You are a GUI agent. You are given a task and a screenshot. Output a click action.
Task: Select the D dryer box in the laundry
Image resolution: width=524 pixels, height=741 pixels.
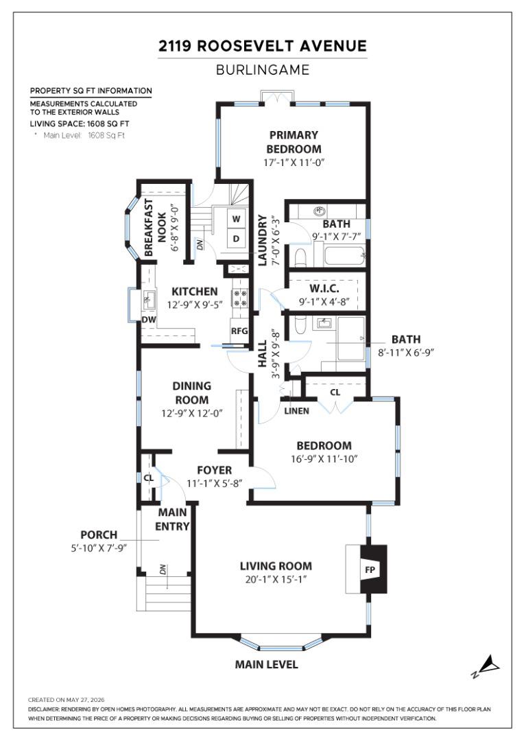tap(236, 239)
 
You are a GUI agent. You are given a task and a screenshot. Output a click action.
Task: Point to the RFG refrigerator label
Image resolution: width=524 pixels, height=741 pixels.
tap(239, 331)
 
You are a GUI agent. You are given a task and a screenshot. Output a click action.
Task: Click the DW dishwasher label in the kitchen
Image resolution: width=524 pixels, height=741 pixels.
tap(149, 320)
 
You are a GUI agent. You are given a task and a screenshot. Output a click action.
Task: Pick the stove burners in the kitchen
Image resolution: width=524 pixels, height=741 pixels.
tap(240, 298)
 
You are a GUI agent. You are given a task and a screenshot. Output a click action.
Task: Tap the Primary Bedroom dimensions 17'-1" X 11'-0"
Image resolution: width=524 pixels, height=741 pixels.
tap(294, 163)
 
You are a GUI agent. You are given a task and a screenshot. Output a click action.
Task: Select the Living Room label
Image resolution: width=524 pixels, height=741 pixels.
tap(276, 565)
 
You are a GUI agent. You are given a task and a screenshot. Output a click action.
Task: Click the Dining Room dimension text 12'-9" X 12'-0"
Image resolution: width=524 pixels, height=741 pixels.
tap(192, 413)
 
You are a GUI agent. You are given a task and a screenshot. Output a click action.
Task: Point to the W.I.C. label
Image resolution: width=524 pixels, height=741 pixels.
tap(324, 288)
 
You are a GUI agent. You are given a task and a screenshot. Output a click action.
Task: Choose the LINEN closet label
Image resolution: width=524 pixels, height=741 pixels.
tap(297, 411)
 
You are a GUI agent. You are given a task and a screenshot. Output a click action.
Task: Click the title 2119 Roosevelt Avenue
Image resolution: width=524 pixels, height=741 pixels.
tap(263, 46)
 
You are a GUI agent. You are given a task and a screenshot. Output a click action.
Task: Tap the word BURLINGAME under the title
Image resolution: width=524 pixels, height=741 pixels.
tap(263, 70)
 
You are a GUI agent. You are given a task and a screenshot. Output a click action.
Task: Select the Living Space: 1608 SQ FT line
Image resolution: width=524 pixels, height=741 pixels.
tap(80, 123)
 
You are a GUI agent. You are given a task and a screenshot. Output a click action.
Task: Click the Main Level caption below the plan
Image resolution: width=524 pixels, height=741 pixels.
tap(267, 664)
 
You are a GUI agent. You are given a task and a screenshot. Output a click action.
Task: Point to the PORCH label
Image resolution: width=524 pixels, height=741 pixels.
tap(99, 534)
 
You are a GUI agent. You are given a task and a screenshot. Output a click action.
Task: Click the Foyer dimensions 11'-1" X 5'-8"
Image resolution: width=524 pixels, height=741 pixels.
tap(215, 484)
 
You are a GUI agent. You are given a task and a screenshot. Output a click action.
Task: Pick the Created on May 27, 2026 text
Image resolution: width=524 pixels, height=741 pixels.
tap(66, 700)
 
